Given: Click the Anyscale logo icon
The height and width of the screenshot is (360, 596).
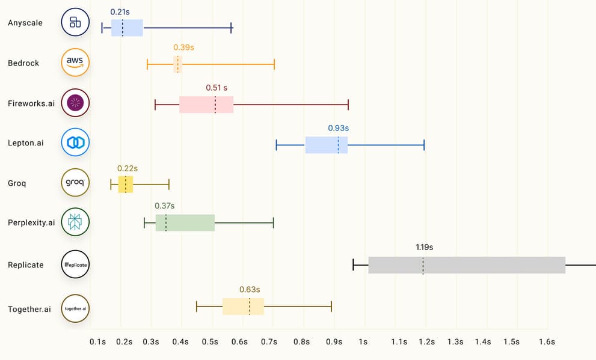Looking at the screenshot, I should point(75,23).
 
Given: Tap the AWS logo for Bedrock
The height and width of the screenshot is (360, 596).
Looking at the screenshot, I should point(75,63).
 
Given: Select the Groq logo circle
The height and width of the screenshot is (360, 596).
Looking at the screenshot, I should point(75,182).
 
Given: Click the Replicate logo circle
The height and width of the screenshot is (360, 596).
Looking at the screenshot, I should point(75,264).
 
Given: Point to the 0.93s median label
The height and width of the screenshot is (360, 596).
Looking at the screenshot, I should point(338,128).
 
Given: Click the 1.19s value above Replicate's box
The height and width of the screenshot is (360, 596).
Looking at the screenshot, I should point(424,247).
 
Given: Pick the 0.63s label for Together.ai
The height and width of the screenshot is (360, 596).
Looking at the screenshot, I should point(250,289).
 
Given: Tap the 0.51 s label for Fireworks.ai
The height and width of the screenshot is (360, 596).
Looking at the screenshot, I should point(217,88).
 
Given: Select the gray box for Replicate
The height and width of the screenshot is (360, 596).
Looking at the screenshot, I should point(467,265).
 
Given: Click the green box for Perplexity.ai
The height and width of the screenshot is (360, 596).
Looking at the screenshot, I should point(185,223).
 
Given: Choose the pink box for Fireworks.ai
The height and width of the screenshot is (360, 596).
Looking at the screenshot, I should point(206,105).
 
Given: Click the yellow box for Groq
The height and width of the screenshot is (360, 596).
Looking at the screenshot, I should point(126,184).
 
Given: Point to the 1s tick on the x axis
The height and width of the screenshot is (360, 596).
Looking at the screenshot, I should point(363,342).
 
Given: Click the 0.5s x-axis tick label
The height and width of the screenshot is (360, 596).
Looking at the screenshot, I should point(210,342).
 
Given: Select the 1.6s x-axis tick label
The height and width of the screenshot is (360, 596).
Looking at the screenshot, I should point(546,342).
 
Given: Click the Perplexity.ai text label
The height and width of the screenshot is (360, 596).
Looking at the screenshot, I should point(31,222).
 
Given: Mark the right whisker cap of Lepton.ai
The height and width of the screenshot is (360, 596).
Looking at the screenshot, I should point(424,145).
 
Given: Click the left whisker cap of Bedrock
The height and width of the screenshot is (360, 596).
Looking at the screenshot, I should point(147,64).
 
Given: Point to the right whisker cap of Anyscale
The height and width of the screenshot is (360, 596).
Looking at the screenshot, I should point(232,28).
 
